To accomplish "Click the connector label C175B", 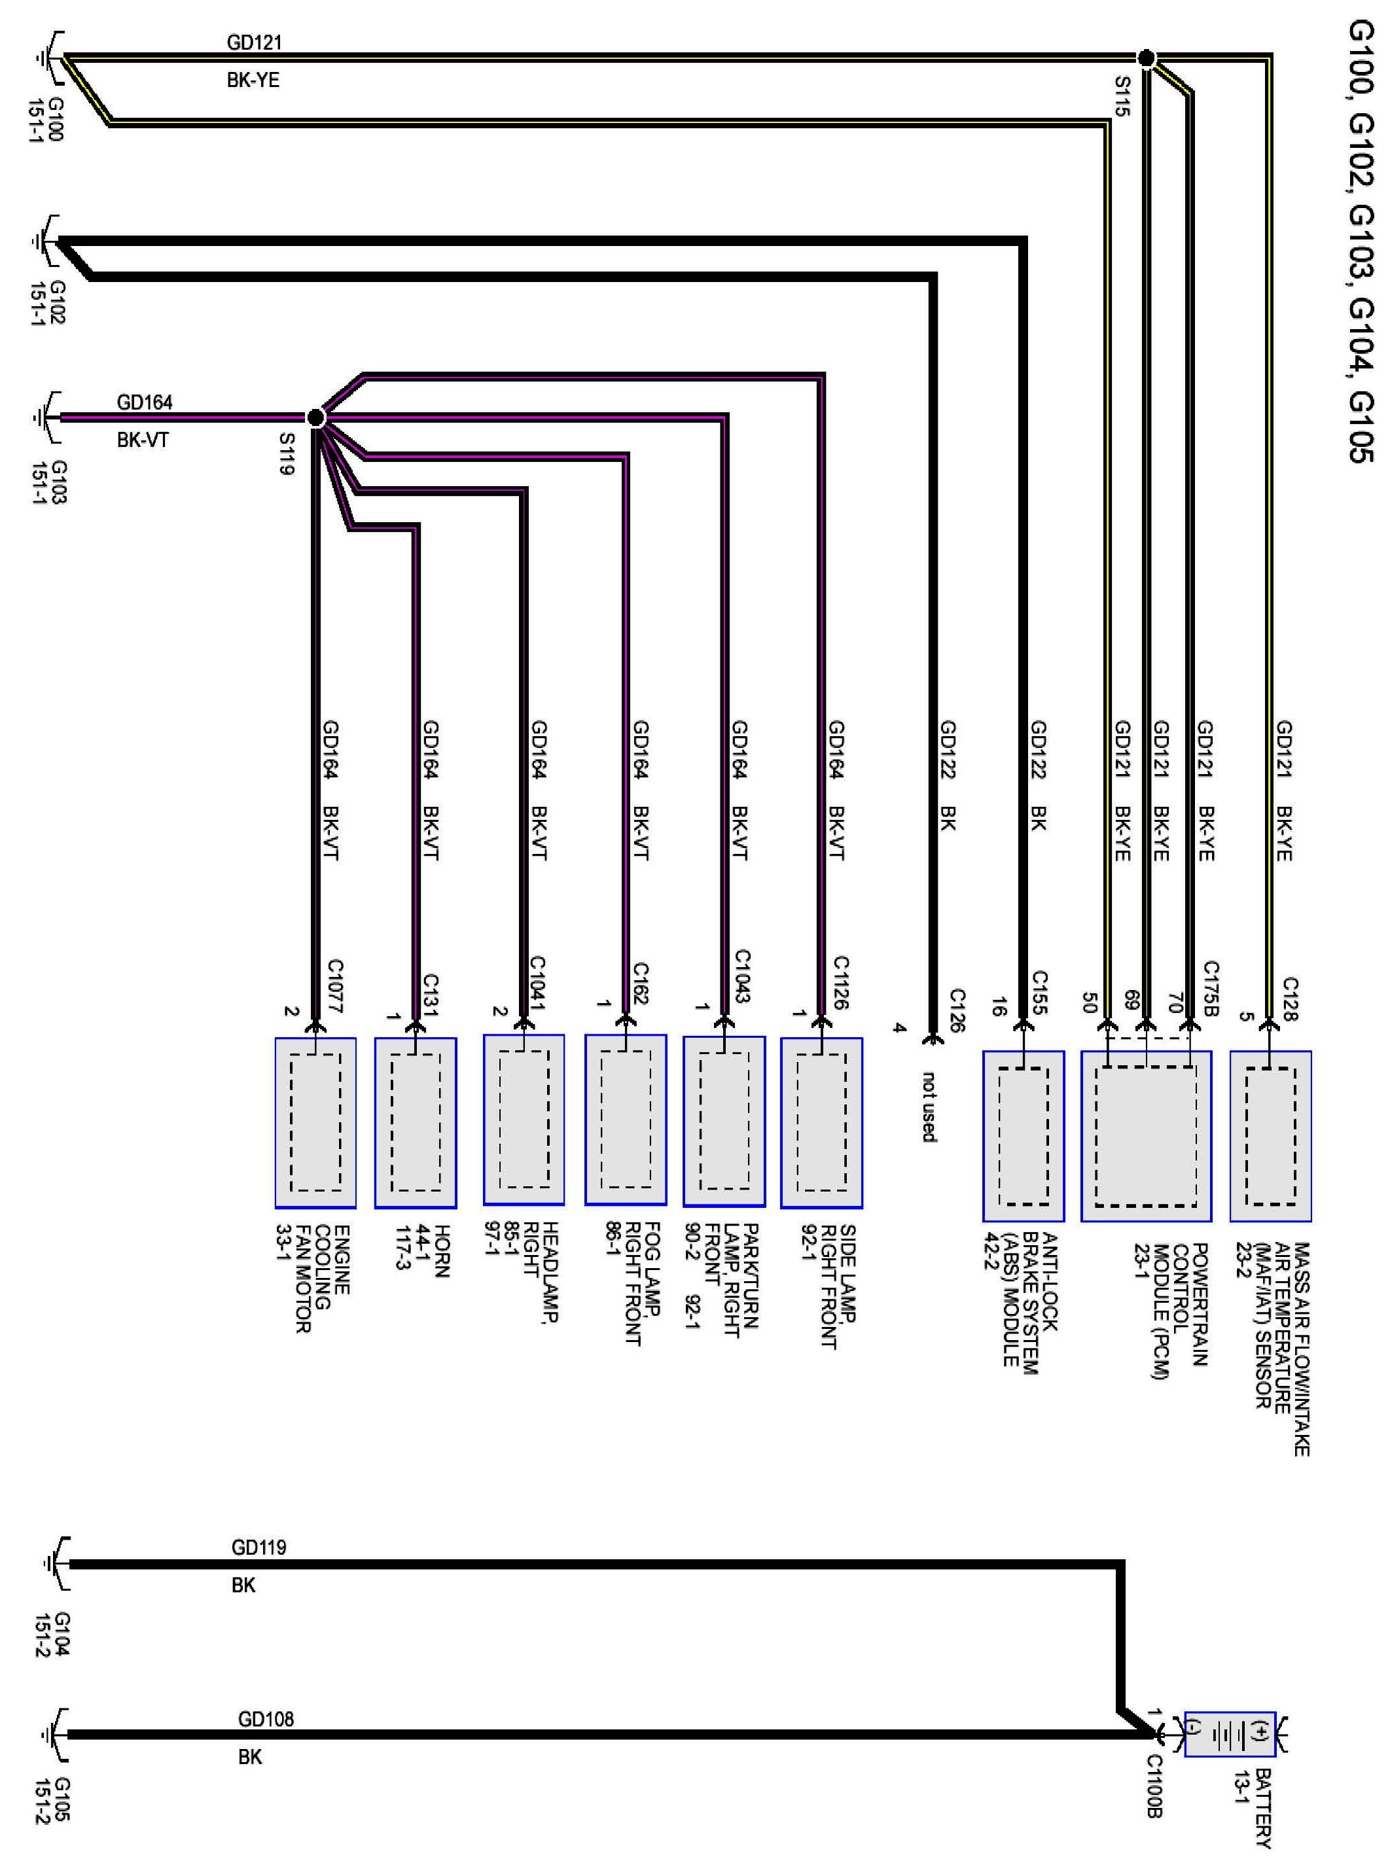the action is click(x=1211, y=988).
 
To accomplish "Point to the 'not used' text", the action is click(x=928, y=1106).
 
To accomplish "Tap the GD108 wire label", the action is click(x=266, y=1718).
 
